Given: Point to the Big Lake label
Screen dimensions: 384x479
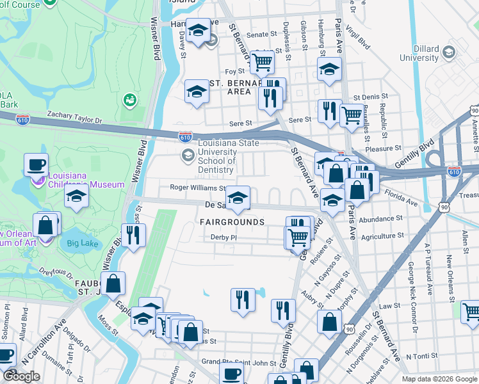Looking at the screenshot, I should coord(79,243).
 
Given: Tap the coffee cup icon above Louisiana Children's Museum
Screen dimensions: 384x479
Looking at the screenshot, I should coord(37,165).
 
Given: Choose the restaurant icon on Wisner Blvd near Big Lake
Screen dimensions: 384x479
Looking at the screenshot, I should coord(133,235).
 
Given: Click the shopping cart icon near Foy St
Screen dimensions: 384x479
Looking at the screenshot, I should coord(262,62).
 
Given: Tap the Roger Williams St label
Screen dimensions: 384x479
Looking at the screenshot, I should coord(197,188).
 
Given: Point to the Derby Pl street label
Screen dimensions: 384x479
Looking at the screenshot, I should coord(224,237).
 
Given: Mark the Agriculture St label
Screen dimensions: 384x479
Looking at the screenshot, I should coord(382,236).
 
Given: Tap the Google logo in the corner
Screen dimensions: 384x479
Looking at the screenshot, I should coord(22,376).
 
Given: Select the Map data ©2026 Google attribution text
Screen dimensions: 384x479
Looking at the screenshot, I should coord(439,378).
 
